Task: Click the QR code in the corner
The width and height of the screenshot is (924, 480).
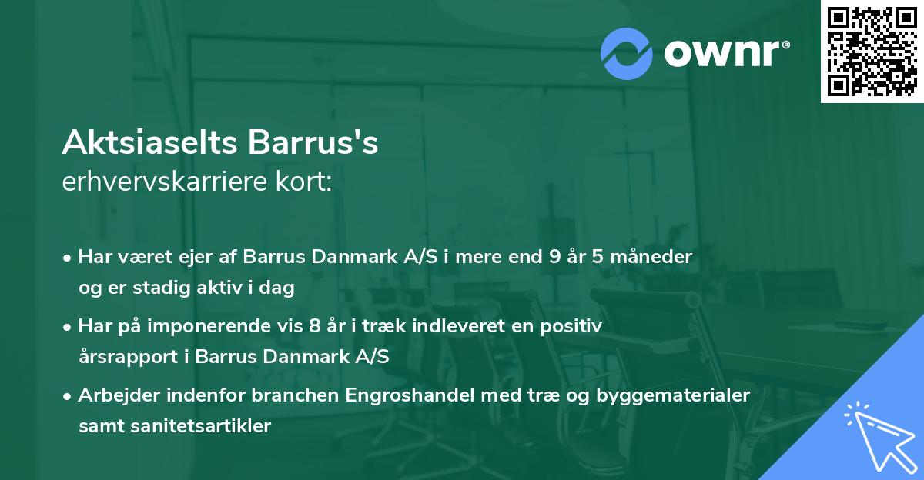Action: [872, 52]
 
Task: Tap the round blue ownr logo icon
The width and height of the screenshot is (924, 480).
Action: [628, 54]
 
